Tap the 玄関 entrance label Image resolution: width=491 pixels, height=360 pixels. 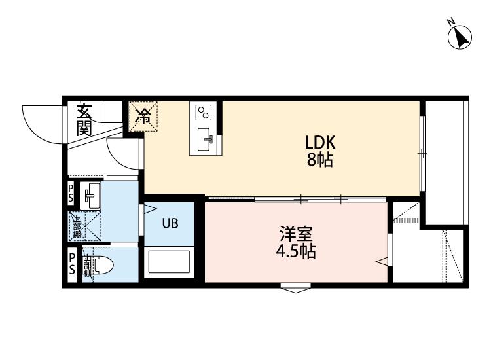tap(84, 120)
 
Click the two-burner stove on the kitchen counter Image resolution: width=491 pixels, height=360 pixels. tap(204, 113)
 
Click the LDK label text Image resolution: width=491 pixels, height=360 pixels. tap(320, 143)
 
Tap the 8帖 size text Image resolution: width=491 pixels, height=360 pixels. tap(320, 160)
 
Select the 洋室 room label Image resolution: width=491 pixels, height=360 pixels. tap(297, 232)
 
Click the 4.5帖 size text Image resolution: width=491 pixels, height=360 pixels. tap(296, 251)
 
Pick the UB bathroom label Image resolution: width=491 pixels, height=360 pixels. tap(170, 223)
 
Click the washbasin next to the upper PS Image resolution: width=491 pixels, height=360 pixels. tap(90, 194)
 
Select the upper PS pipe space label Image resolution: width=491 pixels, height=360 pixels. tap(71, 194)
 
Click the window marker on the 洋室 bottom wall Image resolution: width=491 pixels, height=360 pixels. tap(296, 287)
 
